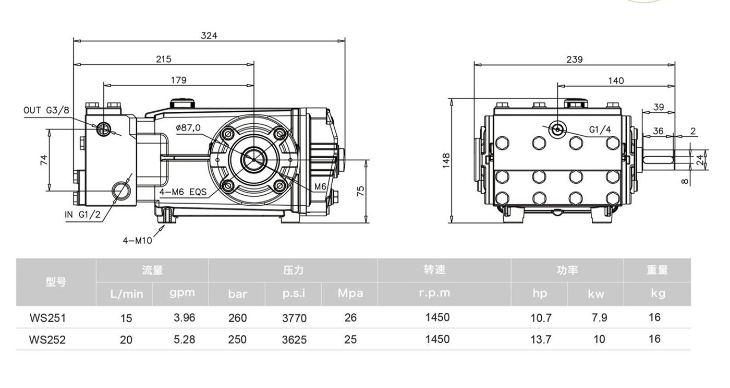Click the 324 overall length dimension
coord(209,36)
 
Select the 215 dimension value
coord(164,60)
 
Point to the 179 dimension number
coord(178,80)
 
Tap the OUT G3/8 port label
coord(46,111)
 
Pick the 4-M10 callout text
coord(137,241)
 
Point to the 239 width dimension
coord(574,60)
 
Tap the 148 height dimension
coord(446,160)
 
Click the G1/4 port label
coord(600,130)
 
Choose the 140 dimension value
coord(616,81)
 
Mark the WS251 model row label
coord(47,318)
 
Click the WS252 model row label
coord(47,339)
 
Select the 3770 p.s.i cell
coord(294,318)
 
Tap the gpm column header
coord(182,293)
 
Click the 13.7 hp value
coord(541,339)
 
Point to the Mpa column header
coord(350,293)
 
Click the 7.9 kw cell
coord(600,318)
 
